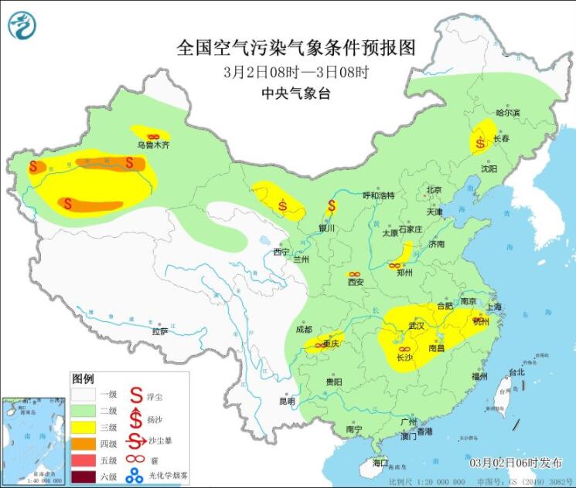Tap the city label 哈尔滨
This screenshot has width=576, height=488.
[x=508, y=113]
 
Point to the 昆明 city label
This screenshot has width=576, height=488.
[x=287, y=402]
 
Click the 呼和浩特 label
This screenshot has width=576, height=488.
[x=379, y=195]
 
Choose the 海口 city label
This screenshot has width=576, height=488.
[x=380, y=463]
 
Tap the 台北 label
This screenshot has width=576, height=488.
[x=516, y=372]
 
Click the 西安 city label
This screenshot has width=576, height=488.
[x=355, y=282]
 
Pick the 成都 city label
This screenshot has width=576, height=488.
[x=303, y=330]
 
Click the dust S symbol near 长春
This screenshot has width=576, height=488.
[x=482, y=141]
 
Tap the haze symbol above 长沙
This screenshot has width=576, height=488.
[x=404, y=349]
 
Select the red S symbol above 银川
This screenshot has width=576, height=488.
[x=332, y=206]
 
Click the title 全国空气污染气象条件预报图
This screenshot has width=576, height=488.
[x=296, y=48]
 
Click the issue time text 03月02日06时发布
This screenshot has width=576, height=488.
[x=516, y=463]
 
